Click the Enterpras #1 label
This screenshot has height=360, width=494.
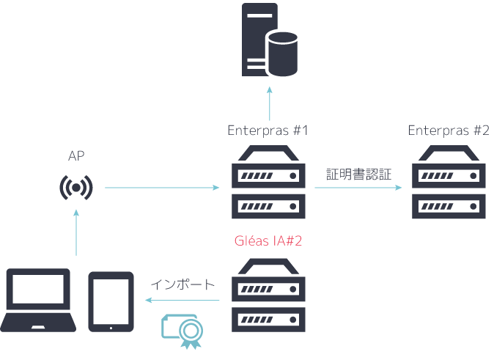(x=268, y=131)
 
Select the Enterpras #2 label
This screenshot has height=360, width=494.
(x=448, y=131)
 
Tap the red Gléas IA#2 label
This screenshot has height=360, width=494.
(x=268, y=240)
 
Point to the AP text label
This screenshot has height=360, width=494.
(x=76, y=155)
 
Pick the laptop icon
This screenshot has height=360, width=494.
(x=37, y=301)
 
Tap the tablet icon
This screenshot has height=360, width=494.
(x=111, y=301)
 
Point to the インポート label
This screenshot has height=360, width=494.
(x=183, y=284)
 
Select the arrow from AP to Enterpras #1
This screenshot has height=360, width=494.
(x=162, y=188)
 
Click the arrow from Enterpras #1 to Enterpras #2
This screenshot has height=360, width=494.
(x=358, y=188)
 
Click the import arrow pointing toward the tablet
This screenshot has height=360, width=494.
(x=183, y=300)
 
